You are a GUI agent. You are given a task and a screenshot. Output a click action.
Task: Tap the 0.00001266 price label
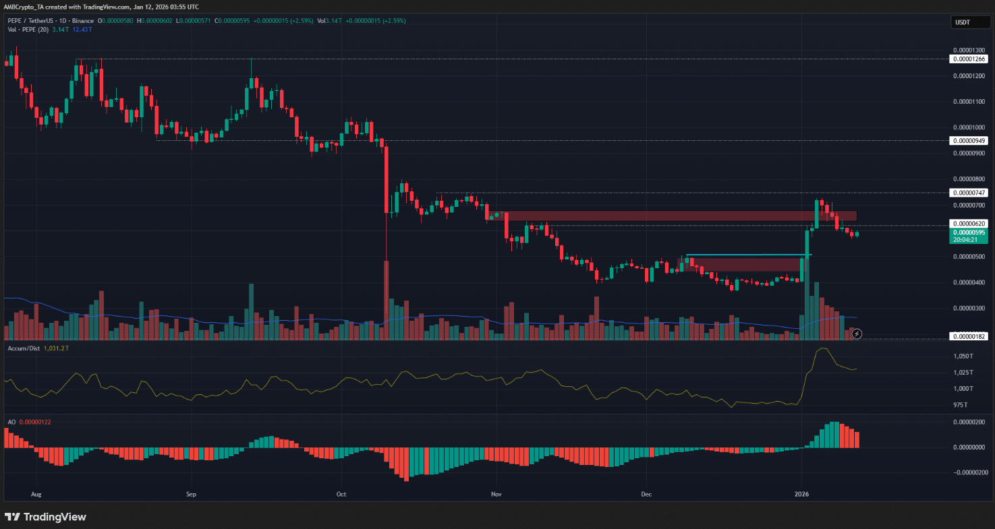969,59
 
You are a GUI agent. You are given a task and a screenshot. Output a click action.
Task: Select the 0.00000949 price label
969,141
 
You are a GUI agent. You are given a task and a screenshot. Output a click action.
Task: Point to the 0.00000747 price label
969,193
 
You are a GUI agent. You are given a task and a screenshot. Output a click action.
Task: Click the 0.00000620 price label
969,223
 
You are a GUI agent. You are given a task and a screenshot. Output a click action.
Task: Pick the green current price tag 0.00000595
969,232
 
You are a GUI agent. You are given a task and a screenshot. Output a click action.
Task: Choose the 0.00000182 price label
969,336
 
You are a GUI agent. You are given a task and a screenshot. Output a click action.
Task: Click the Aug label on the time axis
36,494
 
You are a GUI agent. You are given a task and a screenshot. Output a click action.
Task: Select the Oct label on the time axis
341,494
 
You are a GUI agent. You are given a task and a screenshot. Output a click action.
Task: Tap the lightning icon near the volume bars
857,334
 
